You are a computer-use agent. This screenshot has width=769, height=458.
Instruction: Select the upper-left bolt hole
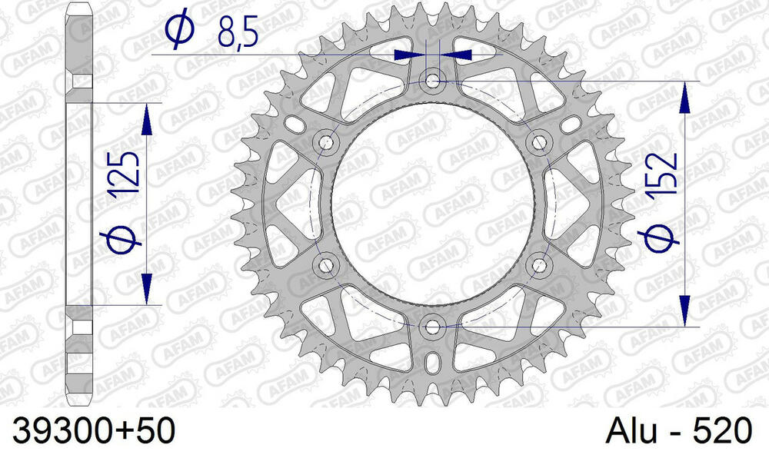pos(327,141)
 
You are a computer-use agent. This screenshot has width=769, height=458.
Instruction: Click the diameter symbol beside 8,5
pos(177,31)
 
